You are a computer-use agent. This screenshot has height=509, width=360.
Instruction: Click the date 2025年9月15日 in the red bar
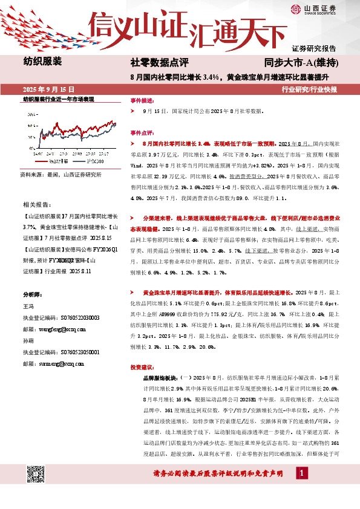click(x=48, y=88)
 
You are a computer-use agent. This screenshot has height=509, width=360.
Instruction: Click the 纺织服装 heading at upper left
click(x=42, y=61)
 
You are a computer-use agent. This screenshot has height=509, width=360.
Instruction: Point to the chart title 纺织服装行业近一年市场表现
click(x=59, y=99)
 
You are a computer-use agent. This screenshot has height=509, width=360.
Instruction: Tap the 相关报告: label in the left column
click(x=38, y=206)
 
